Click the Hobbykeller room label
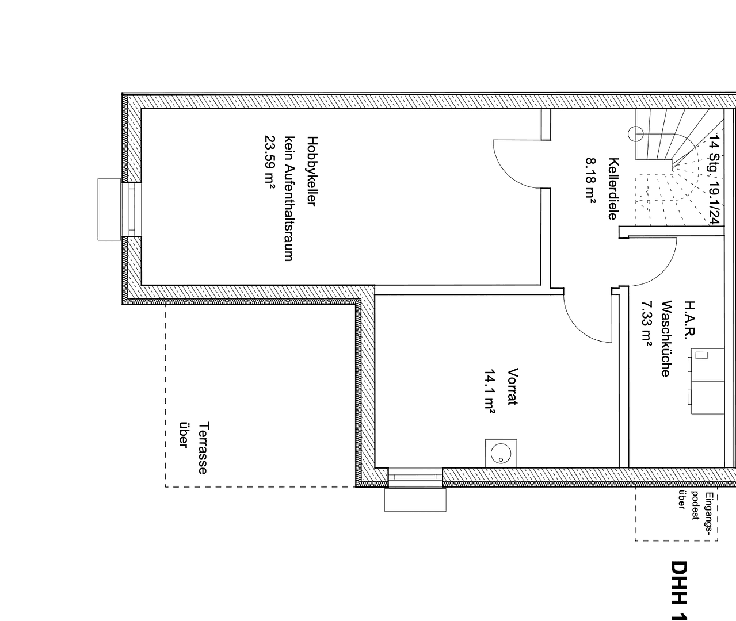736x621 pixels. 312,171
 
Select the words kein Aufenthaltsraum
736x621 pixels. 289,198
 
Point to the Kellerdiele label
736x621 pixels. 613,189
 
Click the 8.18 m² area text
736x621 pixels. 591,179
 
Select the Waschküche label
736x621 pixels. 666,339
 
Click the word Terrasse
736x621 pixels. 203,448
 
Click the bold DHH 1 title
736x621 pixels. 680,590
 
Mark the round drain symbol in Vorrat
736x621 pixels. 501,453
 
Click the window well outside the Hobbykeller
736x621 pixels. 109,209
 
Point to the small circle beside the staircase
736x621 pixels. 636,134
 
